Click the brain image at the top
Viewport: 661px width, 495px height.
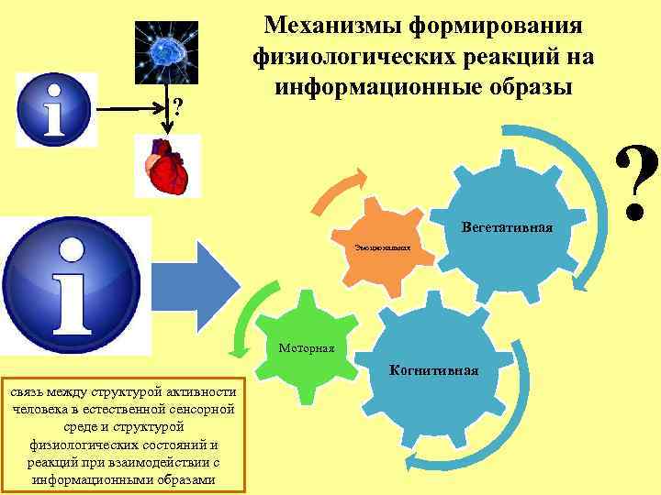click(166, 52)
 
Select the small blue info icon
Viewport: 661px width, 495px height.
click(57, 109)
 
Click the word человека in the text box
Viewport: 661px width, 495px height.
click(39, 409)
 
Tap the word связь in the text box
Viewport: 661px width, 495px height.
click(29, 392)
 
